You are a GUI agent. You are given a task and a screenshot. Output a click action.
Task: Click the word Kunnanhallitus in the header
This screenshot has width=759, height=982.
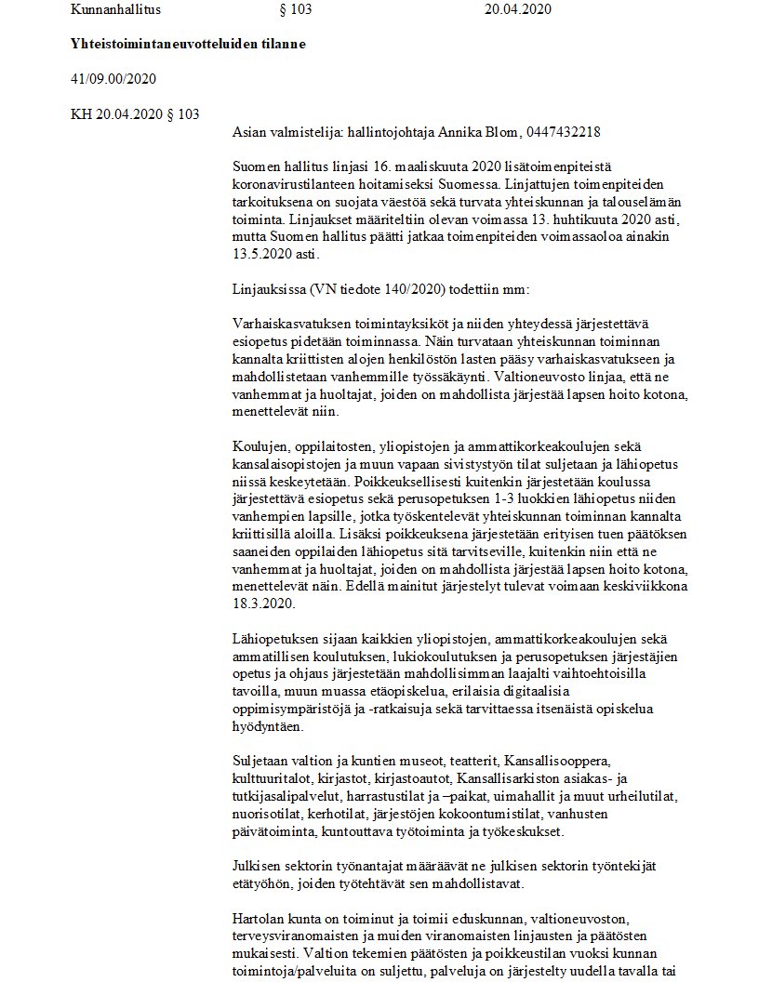point(109,9)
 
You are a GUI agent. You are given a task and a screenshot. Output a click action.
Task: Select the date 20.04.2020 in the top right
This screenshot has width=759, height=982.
point(518,9)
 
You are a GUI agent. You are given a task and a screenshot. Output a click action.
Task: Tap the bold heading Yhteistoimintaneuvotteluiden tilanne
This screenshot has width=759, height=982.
point(188,44)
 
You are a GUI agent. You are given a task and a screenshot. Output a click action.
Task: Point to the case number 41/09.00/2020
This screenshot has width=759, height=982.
point(113,78)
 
